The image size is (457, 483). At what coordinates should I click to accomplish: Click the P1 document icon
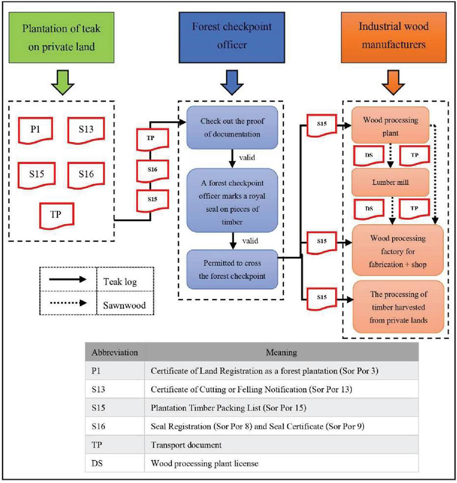pos(36,129)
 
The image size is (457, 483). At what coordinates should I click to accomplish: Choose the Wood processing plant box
pos(391,126)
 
